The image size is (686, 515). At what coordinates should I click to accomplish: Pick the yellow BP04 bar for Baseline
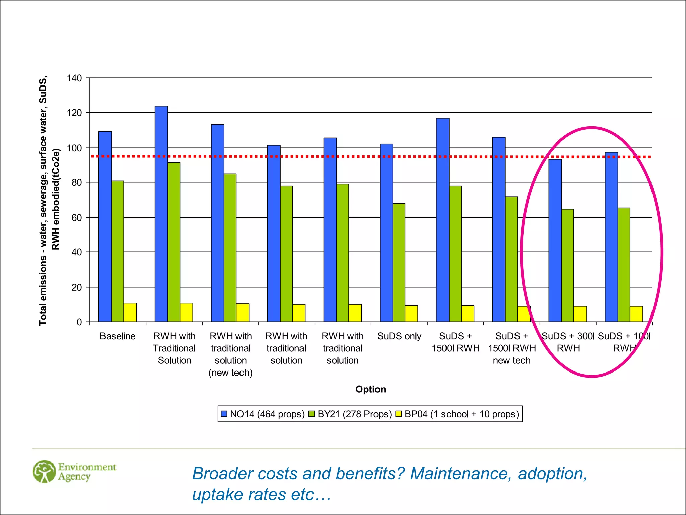point(130,312)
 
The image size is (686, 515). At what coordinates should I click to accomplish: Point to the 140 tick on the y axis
point(74,78)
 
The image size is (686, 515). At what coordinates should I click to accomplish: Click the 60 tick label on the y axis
point(76,218)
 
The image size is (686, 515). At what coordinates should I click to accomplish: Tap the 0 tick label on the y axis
point(79,322)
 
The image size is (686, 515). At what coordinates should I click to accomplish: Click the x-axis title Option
point(370,389)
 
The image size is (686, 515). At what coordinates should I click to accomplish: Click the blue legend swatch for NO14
point(224,414)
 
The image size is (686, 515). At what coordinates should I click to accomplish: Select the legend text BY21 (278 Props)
point(354,414)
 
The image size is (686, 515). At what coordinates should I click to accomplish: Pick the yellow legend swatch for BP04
point(399,414)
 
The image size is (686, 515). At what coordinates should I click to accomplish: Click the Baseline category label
point(118,336)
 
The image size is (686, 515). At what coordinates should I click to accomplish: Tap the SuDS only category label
point(399,336)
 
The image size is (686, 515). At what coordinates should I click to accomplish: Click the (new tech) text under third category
point(230,373)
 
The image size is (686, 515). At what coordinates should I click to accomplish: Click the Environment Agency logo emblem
point(44,471)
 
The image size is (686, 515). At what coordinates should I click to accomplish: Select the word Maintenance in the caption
point(461,474)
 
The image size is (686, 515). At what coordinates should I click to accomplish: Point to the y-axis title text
point(49,201)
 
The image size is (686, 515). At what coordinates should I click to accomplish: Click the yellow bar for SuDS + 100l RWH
point(636,314)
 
